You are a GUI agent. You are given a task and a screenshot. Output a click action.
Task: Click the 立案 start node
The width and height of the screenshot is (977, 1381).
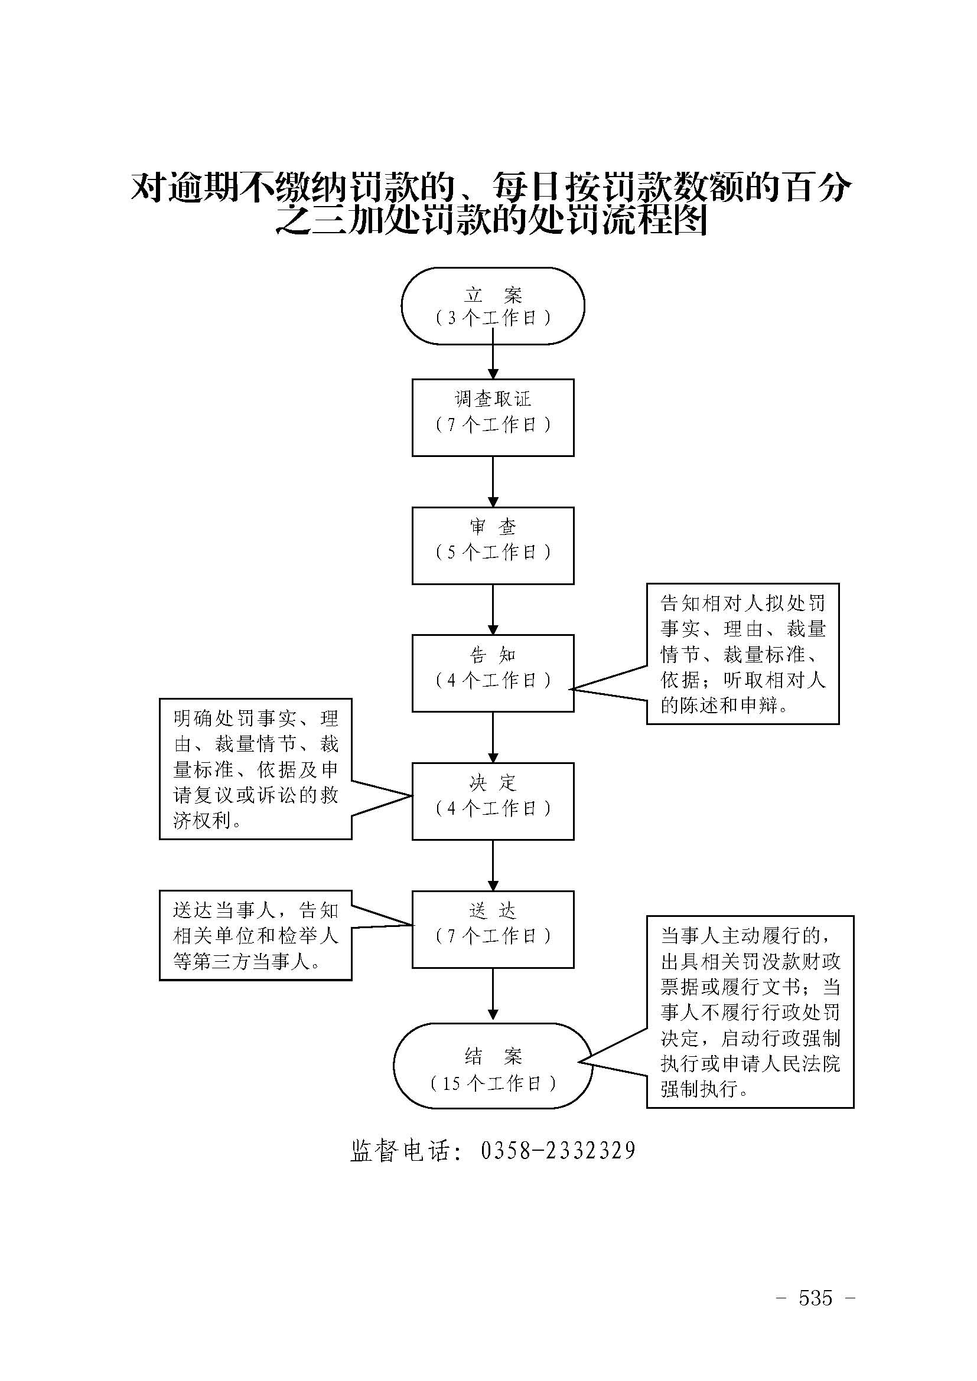pos(493,306)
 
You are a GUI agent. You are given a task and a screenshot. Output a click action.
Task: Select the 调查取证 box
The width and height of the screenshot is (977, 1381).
pos(493,417)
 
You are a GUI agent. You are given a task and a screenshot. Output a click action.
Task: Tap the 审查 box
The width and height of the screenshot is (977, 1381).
pos(493,545)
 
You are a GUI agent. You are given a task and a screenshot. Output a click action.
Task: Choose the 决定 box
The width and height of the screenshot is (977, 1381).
pos(493,801)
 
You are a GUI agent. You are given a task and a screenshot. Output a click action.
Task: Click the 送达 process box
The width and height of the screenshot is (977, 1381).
pos(493,929)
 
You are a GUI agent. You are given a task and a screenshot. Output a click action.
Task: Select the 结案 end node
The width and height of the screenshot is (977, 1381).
pos(493,1065)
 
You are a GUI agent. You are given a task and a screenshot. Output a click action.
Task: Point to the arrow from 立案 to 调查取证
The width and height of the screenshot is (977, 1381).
pos(493,361)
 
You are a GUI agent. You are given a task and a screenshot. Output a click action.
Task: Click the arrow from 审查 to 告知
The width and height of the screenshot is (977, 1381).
pos(493,609)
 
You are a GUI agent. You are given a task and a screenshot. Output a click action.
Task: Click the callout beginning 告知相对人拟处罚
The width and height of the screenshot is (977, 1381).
pos(742,653)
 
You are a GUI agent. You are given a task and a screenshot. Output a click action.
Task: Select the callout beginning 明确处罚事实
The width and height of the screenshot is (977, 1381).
pos(255,769)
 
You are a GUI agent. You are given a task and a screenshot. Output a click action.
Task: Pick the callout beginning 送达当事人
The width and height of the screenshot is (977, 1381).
pos(255,935)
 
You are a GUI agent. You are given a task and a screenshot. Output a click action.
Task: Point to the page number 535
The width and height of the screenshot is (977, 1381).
pos(815,1298)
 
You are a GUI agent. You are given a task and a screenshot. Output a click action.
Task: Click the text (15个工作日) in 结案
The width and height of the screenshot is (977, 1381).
pos(493,1083)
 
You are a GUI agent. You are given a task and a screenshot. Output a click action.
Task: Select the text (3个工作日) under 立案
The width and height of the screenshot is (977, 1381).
pos(493,318)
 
